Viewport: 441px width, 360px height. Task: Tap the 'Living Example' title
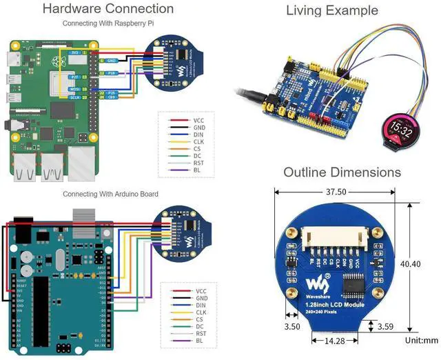332,10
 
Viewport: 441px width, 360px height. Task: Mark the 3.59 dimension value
386,327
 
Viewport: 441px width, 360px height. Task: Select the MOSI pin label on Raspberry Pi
74,90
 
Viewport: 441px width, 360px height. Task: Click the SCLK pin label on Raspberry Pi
74,98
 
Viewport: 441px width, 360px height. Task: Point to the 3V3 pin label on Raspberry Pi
74,52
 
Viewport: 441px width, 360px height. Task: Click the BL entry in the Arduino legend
199,341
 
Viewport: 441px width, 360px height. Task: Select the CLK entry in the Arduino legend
201,312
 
